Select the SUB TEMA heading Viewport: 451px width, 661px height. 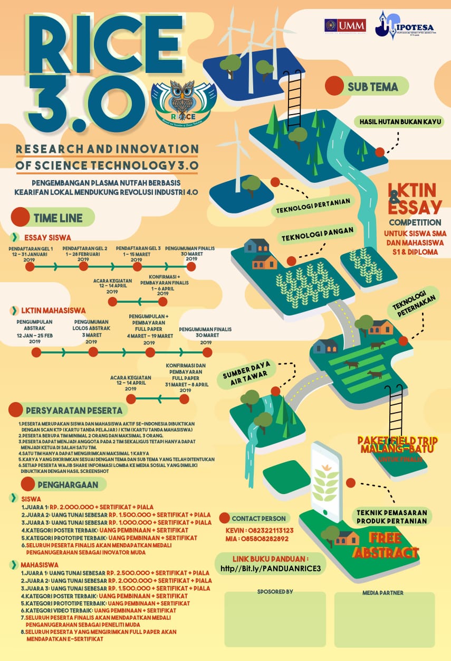click(372, 87)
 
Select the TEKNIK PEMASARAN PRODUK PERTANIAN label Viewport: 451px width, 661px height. click(391, 516)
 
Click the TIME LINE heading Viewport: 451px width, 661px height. click(57, 217)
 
